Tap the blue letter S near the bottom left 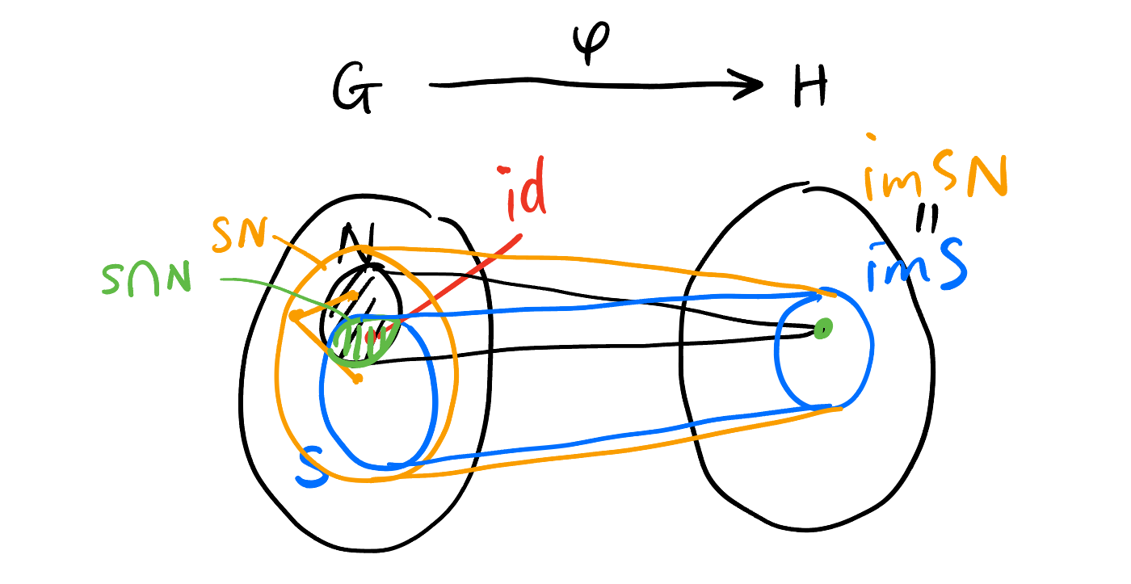[313, 470]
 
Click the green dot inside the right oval [822, 329]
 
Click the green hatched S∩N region [361, 341]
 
